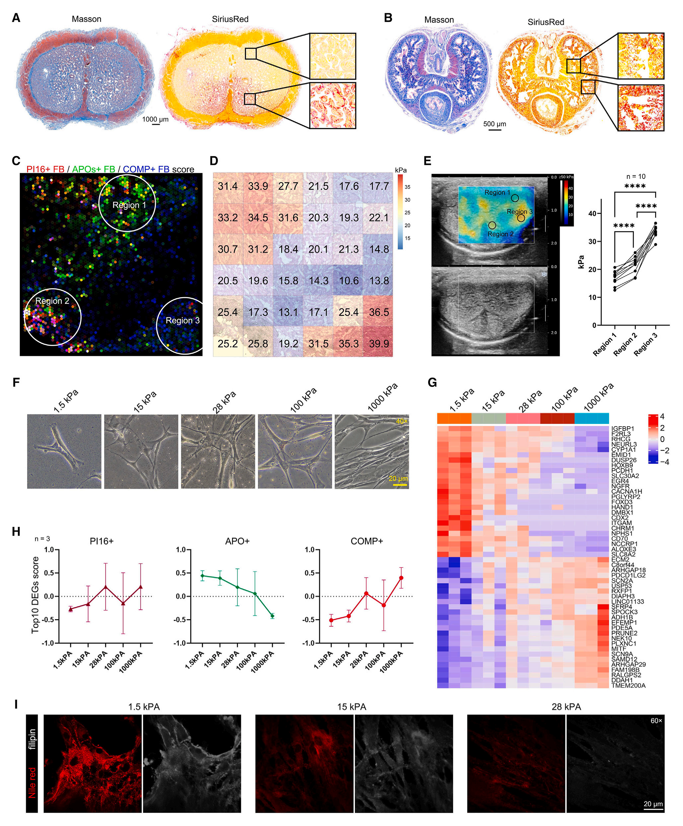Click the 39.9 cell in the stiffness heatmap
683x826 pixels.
click(378, 344)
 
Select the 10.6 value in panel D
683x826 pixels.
click(349, 281)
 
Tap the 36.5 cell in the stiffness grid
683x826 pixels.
click(378, 312)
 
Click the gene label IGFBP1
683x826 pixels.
click(622, 428)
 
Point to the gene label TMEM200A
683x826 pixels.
click(628, 685)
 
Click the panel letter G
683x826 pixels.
click(432, 383)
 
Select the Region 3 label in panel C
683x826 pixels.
click(182, 320)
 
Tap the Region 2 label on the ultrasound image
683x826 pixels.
click(500, 234)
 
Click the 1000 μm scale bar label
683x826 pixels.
click(155, 119)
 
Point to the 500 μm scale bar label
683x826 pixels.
click(494, 124)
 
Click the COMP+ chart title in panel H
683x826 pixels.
click(366, 541)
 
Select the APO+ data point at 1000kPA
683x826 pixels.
click(272, 616)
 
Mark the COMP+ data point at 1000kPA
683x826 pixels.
click(401, 578)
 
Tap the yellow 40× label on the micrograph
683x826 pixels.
click(402, 421)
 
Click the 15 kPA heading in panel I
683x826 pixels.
click(351, 707)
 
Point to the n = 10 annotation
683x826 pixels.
click(636, 176)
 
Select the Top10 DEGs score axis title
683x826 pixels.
click(35, 595)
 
